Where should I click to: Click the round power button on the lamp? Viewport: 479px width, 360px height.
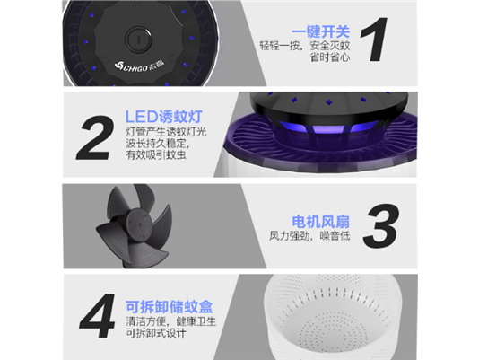(x=138, y=40)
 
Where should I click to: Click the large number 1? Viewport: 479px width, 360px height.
(x=374, y=40)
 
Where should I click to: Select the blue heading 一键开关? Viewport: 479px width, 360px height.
(x=321, y=31)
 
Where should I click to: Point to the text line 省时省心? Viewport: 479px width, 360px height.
(x=330, y=57)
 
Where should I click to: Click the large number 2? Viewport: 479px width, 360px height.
(x=95, y=137)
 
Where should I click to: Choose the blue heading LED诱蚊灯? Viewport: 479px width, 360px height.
(x=164, y=117)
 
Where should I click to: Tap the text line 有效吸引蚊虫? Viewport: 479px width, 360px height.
(x=156, y=154)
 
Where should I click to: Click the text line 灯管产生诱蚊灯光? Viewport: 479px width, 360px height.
(x=166, y=132)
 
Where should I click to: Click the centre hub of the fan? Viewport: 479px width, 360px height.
(x=139, y=224)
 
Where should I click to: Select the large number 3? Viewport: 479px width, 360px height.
(x=381, y=225)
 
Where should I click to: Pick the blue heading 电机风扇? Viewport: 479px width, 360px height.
(x=321, y=222)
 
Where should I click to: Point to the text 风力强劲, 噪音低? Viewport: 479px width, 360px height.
(x=309, y=236)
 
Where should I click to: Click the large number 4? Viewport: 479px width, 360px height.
(x=97, y=316)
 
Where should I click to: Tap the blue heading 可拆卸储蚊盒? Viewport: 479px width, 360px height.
(x=169, y=307)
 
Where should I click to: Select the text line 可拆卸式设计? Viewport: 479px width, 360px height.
(x=156, y=333)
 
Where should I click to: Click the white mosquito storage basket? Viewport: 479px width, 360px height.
(x=332, y=317)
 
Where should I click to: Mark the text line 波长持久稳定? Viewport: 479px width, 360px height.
(x=158, y=143)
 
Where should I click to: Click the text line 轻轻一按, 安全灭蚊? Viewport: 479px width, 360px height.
(x=305, y=46)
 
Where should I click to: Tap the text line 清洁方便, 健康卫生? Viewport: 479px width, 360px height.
(x=171, y=321)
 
